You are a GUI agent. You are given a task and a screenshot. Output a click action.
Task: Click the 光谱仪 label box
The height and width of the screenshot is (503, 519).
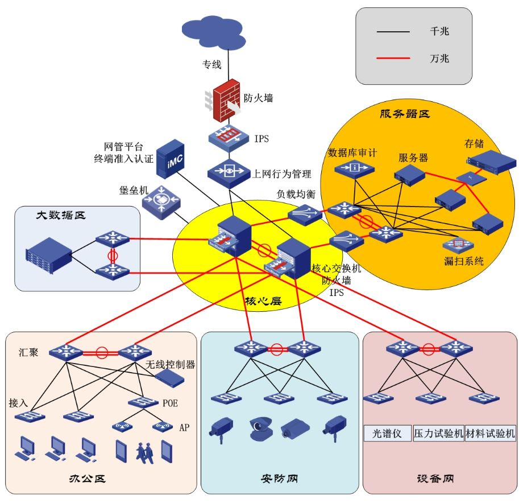click(387, 434)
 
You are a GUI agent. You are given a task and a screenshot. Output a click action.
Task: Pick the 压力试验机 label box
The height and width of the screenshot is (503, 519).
click(438, 434)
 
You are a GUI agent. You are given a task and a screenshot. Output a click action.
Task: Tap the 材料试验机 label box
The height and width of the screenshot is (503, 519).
click(490, 434)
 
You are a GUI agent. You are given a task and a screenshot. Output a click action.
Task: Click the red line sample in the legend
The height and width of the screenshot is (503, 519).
click(393, 58)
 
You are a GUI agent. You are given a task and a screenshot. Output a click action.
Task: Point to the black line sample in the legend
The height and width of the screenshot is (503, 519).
click(393, 32)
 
